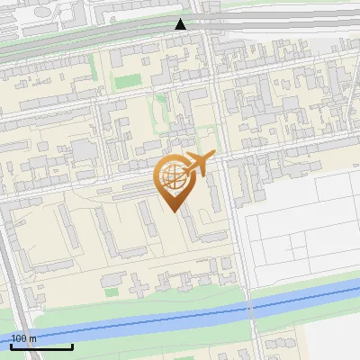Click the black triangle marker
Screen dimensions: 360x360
pyautogui.click(x=181, y=24)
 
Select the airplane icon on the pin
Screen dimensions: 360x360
pyautogui.click(x=198, y=163)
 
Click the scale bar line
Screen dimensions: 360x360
pyautogui.click(x=41, y=346)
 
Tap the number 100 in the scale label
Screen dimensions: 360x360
pyautogui.click(x=19, y=338)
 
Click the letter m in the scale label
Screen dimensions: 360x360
pyautogui.click(x=32, y=338)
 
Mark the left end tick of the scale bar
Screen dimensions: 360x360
pyautogui.click(x=11, y=346)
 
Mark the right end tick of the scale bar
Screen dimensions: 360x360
pyautogui.click(x=73, y=346)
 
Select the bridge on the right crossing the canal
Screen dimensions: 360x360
pyautogui.click(x=251, y=307)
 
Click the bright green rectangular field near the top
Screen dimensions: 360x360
pyautogui.click(x=123, y=82)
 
